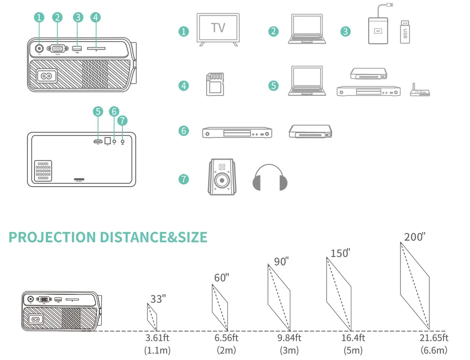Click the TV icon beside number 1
pos(218,30)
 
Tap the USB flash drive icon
pos(405,32)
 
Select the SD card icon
pos(215,85)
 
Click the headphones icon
pos(270,178)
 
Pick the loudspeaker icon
pos(222,178)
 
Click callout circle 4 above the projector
pos(96,17)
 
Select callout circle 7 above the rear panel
pos(122,120)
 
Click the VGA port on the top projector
pos(58,48)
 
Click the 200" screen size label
pos(415,237)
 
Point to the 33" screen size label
pos(158,299)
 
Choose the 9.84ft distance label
pos(289,338)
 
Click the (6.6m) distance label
pos(434,350)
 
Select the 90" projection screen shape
pos(279,297)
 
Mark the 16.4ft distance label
pos(353,338)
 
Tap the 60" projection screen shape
pos(220,307)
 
